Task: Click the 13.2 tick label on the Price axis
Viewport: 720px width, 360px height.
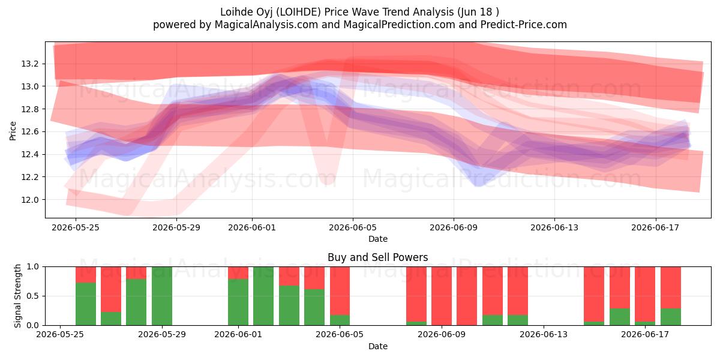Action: coord(29,64)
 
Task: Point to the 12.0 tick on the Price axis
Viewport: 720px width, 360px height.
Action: coord(29,200)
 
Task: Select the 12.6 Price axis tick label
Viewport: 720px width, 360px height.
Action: coord(29,132)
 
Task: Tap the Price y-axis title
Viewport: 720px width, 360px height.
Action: coord(13,131)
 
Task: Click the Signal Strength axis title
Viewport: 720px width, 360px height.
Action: coord(17,296)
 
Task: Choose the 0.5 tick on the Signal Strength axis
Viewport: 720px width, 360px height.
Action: coord(33,296)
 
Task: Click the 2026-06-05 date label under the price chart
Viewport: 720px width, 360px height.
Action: coord(353,227)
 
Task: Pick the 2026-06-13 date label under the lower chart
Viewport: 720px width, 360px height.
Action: coord(544,335)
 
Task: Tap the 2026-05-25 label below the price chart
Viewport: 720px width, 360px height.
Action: coord(76,227)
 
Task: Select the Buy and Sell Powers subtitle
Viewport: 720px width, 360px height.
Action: coord(377,257)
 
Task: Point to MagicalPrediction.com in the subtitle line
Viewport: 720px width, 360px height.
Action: coord(399,25)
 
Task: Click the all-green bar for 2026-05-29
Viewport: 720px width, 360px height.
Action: coord(162,296)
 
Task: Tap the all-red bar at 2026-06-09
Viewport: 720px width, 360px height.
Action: coord(442,296)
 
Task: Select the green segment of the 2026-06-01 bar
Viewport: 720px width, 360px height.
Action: coord(238,302)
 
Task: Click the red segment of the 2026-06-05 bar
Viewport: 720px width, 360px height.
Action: coord(340,291)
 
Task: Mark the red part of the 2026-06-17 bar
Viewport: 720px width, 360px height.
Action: coord(645,294)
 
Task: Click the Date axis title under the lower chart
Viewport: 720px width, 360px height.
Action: coord(377,347)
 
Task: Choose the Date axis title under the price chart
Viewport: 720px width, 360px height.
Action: coord(377,239)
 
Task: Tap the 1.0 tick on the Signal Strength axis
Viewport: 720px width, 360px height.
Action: coord(33,267)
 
